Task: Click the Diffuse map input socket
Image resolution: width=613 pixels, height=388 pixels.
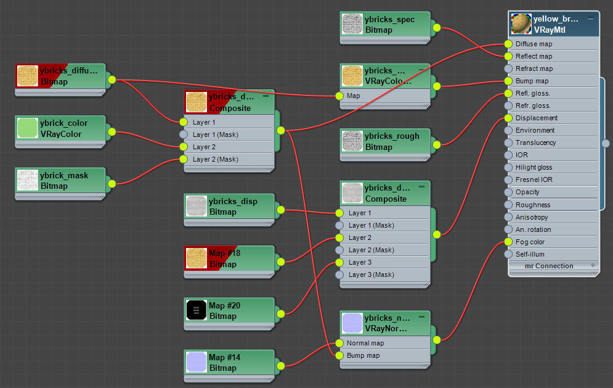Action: tap(508, 44)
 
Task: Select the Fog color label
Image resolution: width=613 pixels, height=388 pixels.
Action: tap(530, 242)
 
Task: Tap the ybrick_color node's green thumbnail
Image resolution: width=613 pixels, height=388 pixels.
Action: tap(27, 128)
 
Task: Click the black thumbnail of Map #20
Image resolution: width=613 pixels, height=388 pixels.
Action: tap(197, 310)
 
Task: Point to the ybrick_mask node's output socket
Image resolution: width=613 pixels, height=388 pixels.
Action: tap(112, 184)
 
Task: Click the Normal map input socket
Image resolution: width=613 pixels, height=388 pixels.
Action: tap(339, 343)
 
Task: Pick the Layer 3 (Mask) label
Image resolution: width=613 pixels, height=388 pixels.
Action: tap(371, 275)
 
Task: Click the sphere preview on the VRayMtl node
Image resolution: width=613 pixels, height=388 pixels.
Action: tap(521, 24)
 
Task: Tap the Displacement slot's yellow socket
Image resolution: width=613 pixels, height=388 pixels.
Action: tap(508, 118)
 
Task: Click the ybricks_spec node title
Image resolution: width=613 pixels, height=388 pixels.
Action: tap(389, 19)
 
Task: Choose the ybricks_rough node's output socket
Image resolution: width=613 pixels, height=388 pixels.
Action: tap(437, 145)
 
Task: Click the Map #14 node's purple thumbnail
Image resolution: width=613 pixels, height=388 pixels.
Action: tap(197, 362)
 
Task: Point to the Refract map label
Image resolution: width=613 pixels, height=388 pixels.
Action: tap(534, 68)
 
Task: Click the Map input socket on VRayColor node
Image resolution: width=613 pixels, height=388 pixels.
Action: tap(339, 96)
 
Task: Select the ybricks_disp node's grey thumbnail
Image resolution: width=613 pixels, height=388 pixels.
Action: tap(197, 206)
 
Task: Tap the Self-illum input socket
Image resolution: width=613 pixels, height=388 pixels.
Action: tap(508, 254)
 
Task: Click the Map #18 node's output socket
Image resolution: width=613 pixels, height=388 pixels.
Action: tap(281, 262)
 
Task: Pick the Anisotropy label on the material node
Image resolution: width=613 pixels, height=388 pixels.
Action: tap(532, 217)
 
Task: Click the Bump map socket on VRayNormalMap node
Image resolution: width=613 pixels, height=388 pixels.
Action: tap(339, 355)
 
